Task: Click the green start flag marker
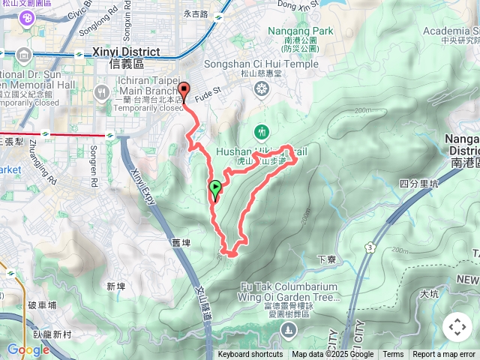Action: [x=215, y=187]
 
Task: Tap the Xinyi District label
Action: [x=124, y=52]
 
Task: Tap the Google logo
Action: [x=28, y=349]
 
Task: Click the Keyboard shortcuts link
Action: [x=250, y=355]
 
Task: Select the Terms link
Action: [x=393, y=355]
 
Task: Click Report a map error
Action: [x=444, y=355]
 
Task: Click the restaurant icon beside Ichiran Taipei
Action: [x=102, y=92]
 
